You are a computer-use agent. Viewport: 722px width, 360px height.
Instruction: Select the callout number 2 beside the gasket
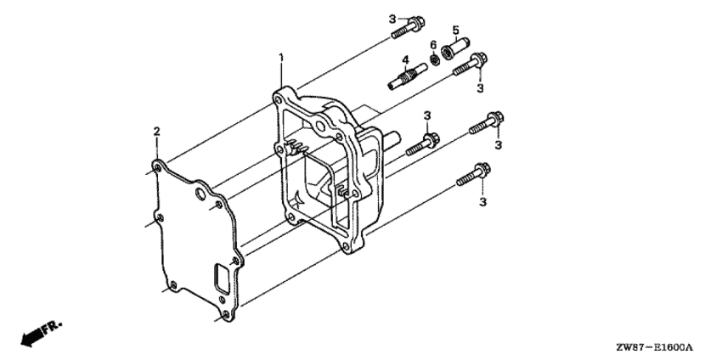tap(156, 131)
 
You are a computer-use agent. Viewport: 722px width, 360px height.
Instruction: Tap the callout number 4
tap(405, 59)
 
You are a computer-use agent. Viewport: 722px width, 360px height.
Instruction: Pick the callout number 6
tap(432, 45)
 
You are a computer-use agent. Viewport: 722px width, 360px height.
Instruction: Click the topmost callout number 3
tap(392, 19)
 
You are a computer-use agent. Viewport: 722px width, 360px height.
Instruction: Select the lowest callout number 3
tap(482, 201)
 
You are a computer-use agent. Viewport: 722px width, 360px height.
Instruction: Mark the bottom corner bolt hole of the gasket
tap(223, 316)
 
